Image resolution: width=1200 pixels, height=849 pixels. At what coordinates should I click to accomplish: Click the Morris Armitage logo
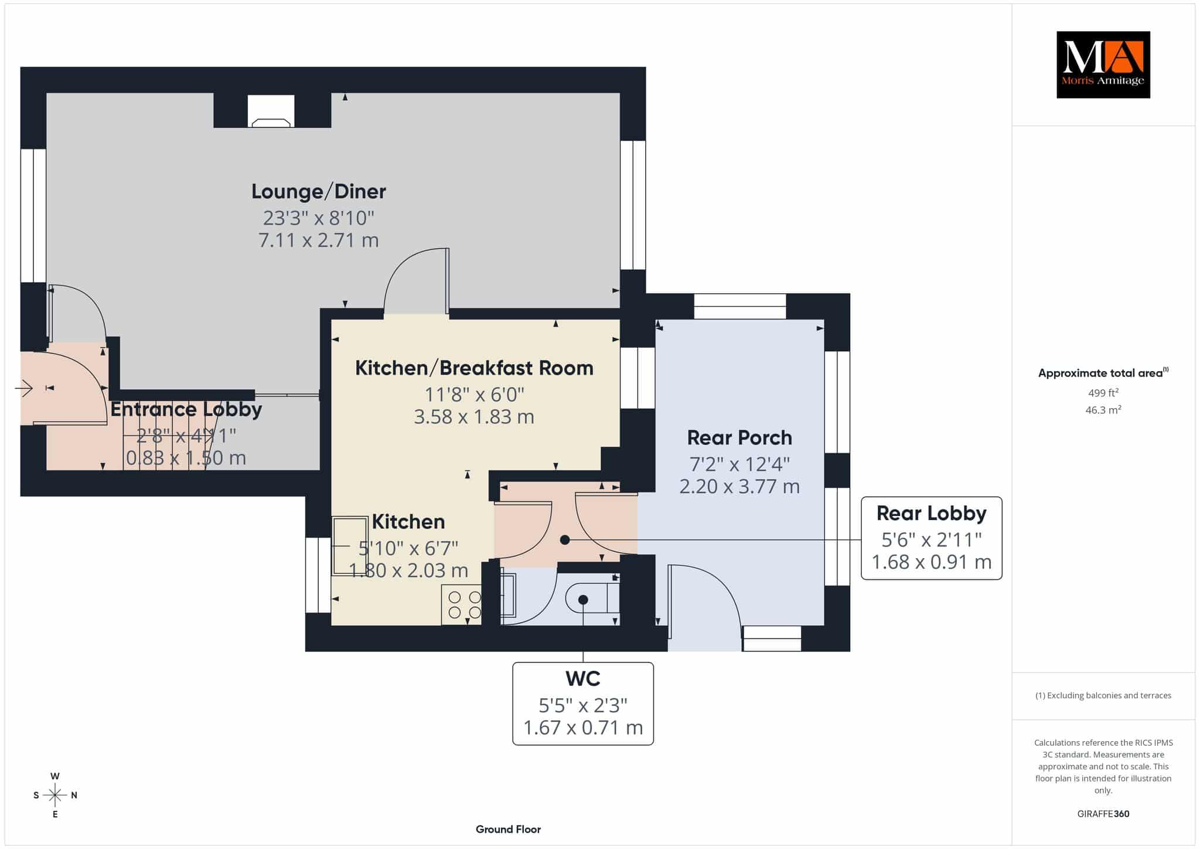1103,64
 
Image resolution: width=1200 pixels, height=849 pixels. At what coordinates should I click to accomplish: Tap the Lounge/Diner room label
319,191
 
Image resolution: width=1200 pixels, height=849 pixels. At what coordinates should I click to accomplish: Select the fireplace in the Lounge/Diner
271,111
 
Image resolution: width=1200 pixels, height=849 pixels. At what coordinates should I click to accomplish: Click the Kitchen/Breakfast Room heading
474,368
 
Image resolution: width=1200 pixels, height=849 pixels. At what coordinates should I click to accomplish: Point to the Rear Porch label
739,437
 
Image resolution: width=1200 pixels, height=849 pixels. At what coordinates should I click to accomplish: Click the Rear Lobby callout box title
931,513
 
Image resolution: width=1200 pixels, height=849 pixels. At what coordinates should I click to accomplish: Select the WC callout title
583,678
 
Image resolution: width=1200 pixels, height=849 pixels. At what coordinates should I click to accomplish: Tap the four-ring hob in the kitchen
462,605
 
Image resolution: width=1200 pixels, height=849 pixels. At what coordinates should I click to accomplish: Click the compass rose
55,795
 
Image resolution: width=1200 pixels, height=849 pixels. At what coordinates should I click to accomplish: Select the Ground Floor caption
508,829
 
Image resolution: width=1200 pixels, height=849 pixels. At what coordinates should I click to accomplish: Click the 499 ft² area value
1103,392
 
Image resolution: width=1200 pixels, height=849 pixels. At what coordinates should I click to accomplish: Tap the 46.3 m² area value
1103,409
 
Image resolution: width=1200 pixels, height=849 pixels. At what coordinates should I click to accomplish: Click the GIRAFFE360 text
1103,814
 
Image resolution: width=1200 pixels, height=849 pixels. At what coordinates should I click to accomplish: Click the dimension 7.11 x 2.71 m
319,240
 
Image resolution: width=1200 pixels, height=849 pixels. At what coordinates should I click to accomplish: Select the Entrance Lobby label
186,409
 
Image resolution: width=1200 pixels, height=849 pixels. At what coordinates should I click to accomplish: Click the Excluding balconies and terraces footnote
1103,695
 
